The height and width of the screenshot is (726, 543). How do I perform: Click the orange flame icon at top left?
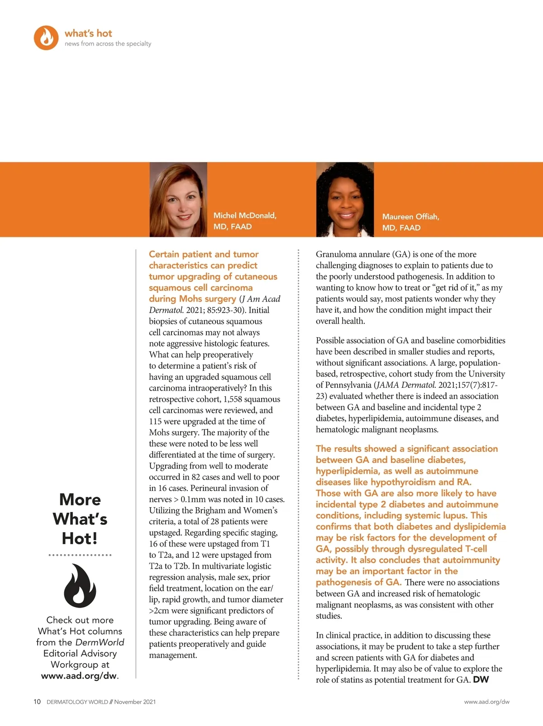coord(46,38)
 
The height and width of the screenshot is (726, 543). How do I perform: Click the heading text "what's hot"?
coord(88,33)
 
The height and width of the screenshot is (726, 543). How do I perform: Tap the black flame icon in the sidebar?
coord(80,585)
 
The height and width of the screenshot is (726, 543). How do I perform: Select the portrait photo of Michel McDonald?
coord(178,199)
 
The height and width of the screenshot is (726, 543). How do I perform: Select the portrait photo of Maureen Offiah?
coord(345,199)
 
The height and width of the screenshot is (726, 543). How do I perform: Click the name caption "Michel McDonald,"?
coord(245,216)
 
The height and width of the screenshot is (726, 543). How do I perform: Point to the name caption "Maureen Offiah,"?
coord(410,217)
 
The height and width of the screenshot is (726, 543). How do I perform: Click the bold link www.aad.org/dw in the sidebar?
coord(79,676)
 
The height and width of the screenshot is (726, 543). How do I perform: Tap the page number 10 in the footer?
coord(37,702)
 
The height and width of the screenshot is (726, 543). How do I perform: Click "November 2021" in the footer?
coord(135,702)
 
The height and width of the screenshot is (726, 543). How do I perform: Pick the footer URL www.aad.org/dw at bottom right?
coord(486,702)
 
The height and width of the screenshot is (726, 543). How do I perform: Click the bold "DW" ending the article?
coord(481,680)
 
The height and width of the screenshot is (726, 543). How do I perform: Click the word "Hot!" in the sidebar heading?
coord(80,538)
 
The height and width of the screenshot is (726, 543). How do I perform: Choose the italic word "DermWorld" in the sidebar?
coord(100,642)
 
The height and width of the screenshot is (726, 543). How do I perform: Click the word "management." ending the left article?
coord(173,655)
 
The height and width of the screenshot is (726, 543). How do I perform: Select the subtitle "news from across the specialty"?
coord(108,44)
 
